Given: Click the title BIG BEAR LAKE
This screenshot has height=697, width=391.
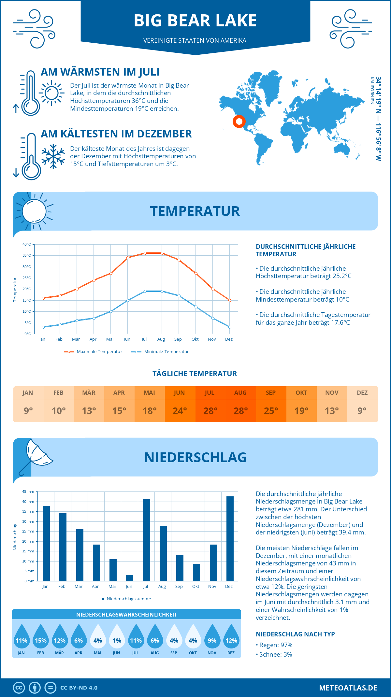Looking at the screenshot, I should tap(195, 21).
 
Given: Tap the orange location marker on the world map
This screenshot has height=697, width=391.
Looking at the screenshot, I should tap(239, 121).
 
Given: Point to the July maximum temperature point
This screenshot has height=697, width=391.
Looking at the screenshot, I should tap(145, 253).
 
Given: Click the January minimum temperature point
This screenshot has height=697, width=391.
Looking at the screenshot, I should tap(43, 327).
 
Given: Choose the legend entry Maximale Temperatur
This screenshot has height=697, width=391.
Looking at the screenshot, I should tap(93, 352).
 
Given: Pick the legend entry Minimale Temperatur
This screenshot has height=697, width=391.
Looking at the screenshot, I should tap(160, 352).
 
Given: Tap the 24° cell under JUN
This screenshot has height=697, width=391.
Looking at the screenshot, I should tap(180, 411).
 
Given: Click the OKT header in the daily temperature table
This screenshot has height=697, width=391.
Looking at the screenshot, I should tap(301, 393).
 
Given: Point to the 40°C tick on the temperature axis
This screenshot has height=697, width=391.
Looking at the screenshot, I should tap(27, 244).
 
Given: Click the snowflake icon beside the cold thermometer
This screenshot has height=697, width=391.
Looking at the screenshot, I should tap(53, 156).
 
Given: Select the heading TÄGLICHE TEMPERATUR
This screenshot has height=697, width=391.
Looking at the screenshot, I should tap(195, 374).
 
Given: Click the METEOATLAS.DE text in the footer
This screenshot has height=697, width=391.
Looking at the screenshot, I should tap(348, 688).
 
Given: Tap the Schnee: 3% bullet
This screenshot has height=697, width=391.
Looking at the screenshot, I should tap(274, 654).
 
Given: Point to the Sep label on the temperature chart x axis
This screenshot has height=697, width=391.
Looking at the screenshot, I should tap(178, 339).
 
